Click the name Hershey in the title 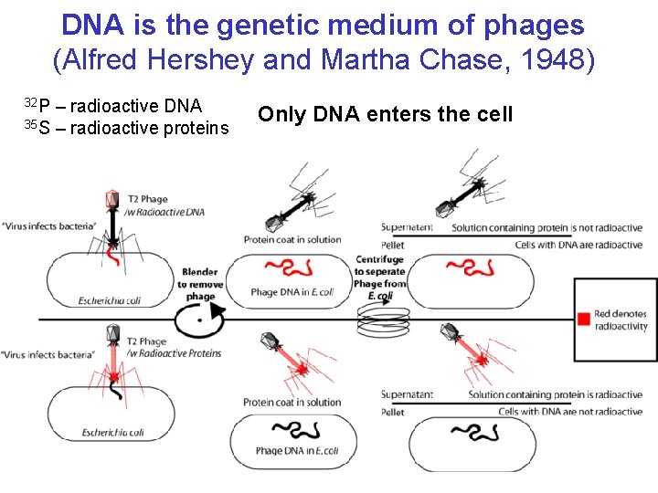coord(211,61)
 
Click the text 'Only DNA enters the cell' coord(385,114)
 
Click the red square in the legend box coord(582,319)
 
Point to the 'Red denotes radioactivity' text coord(621,320)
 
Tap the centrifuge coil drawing coord(383,320)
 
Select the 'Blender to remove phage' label coord(200,284)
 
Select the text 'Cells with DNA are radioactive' coord(578,245)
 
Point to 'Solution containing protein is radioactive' coord(555,394)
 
